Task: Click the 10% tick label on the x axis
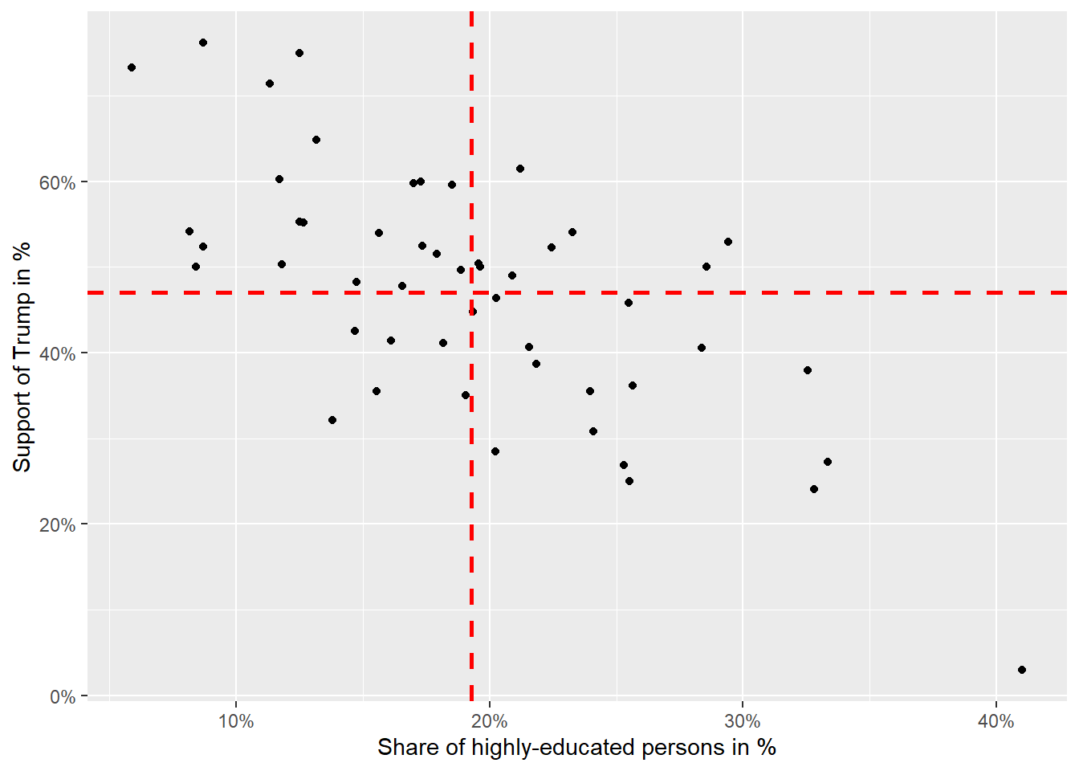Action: point(235,721)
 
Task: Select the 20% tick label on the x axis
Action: point(489,721)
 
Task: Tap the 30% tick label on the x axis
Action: point(743,721)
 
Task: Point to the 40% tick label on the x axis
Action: point(996,721)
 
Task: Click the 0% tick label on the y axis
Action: point(63,696)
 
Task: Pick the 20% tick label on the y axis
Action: point(58,525)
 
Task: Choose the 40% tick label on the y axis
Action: point(58,354)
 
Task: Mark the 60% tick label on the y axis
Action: point(58,183)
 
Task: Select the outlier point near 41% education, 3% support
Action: point(1022,670)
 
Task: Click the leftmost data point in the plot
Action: point(132,67)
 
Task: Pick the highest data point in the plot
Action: point(203,43)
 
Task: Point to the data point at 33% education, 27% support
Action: point(828,462)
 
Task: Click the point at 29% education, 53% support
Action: point(728,242)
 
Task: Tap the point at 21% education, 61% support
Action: point(520,169)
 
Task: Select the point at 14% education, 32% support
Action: point(332,420)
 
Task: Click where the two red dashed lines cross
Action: point(471,292)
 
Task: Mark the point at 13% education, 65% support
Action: point(316,140)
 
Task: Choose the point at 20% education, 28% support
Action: point(495,451)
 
